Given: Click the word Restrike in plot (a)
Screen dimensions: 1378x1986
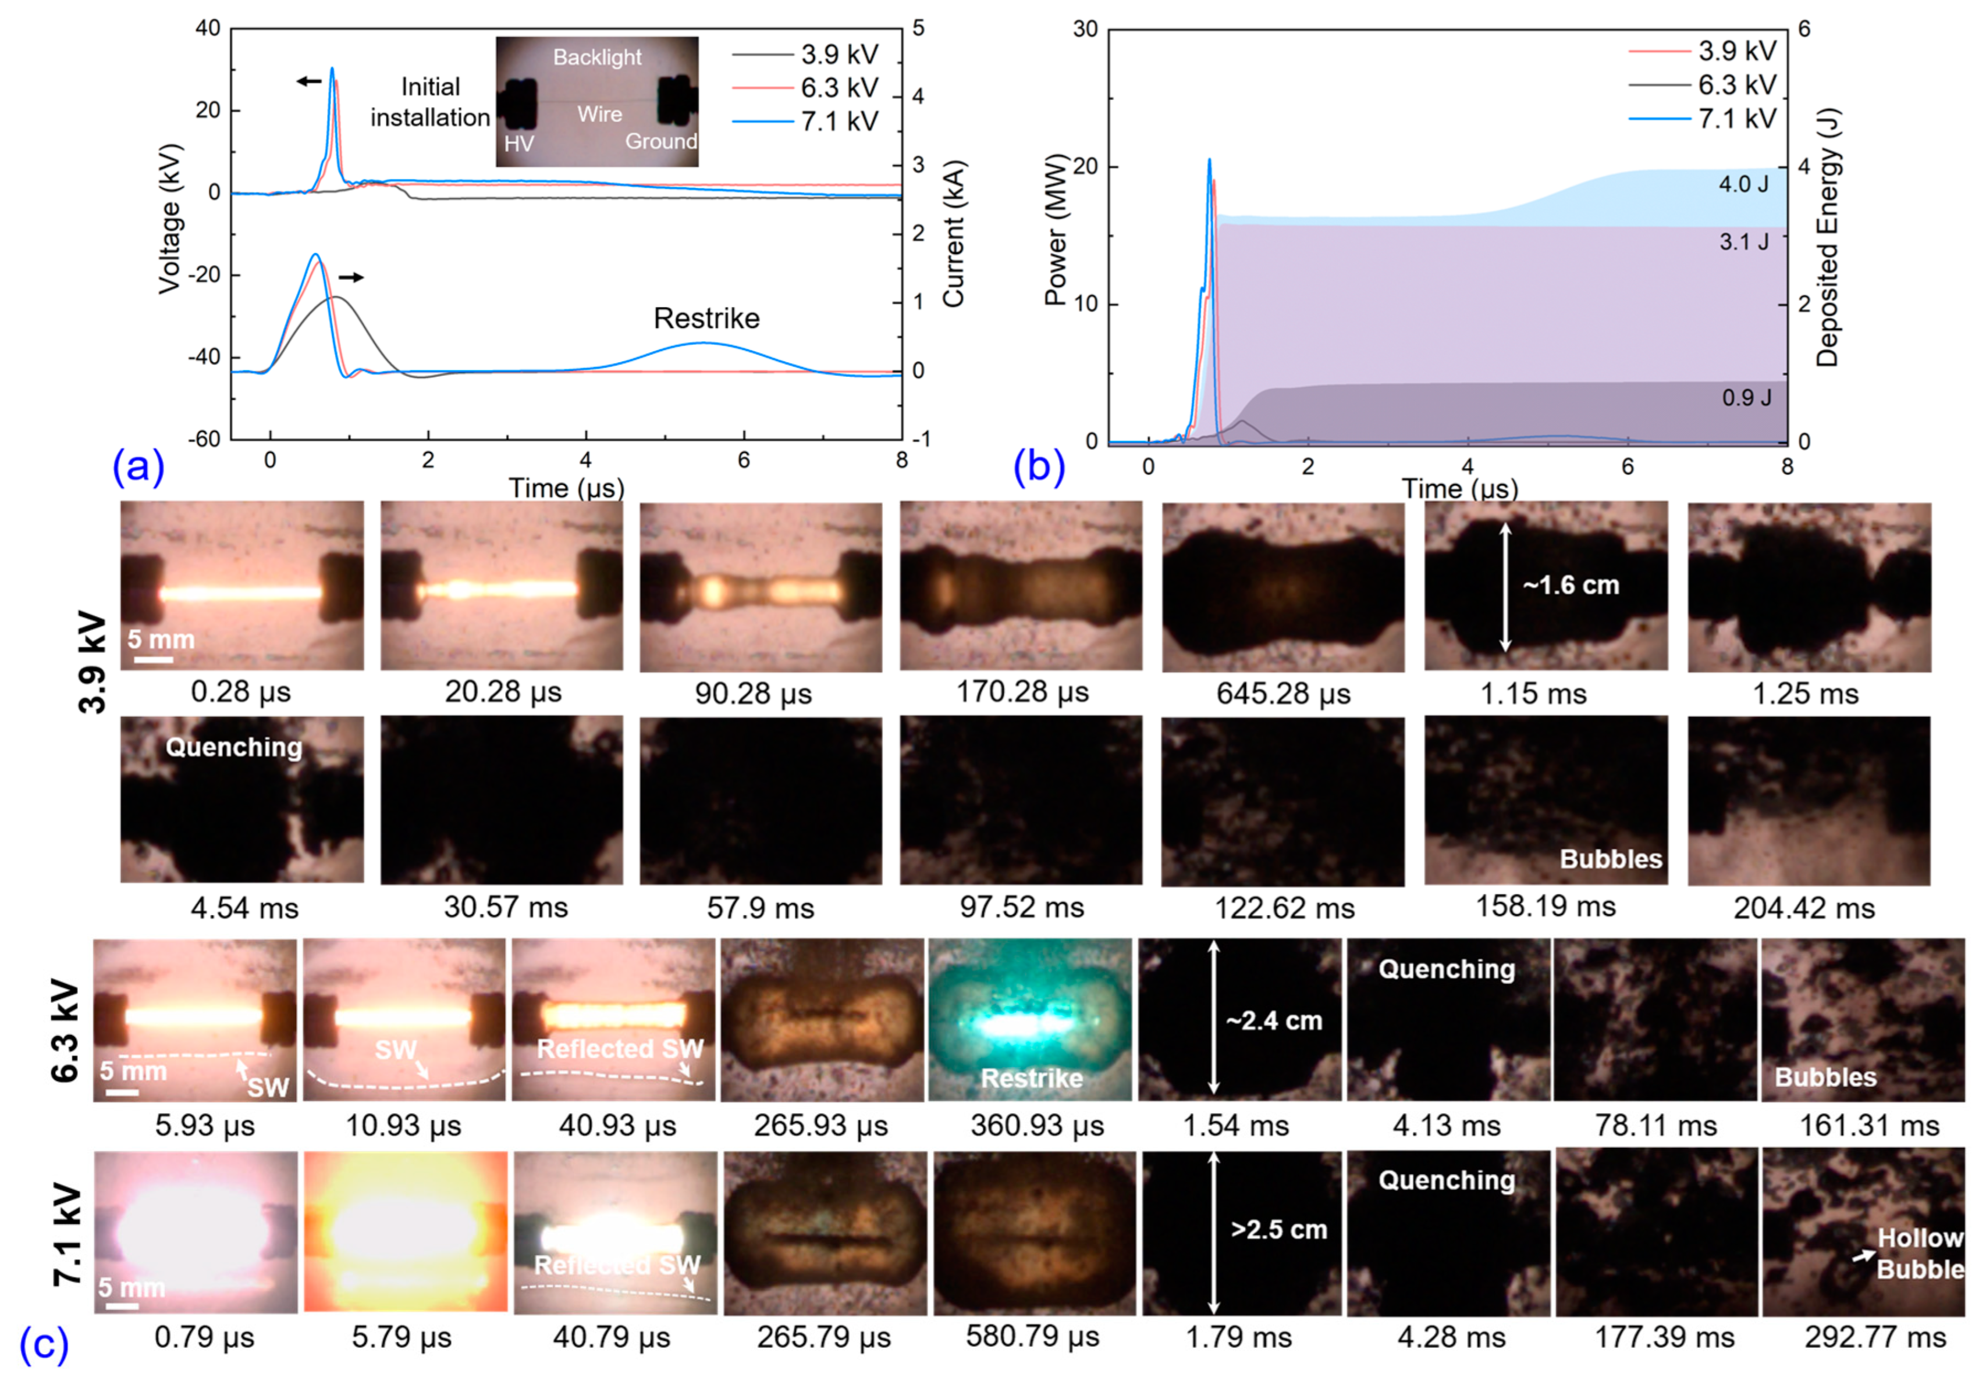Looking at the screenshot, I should (706, 319).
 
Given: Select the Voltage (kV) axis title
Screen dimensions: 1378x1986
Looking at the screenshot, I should (169, 219).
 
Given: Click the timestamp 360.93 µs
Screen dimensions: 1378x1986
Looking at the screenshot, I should (1036, 1126).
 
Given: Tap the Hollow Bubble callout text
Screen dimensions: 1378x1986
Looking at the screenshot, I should (1920, 1254).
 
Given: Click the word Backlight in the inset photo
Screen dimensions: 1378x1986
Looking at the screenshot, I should (597, 58).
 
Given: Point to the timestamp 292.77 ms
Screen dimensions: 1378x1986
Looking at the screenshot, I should (1874, 1337).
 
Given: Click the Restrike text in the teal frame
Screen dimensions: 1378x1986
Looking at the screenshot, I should (1032, 1079).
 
